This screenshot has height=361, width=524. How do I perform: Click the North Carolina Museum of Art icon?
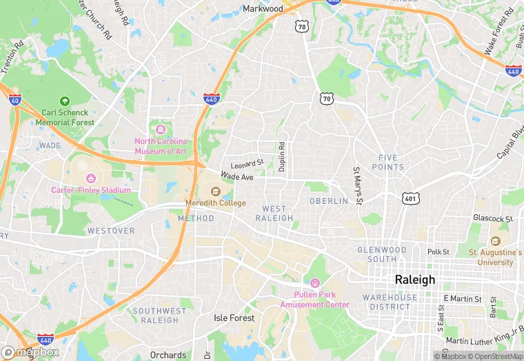click(161, 130)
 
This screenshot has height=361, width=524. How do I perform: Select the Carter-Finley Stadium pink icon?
click(91, 178)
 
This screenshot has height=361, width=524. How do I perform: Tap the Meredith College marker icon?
click(215, 192)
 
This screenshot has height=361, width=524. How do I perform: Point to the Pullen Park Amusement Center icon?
click(314, 283)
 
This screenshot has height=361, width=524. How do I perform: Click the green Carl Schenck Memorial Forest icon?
click(65, 101)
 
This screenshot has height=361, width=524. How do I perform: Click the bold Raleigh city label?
click(414, 280)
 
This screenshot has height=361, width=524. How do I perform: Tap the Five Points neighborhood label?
click(387, 163)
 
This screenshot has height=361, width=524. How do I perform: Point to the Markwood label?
click(263, 9)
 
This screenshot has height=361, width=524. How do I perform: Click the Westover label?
click(111, 231)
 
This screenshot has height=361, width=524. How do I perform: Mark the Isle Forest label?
click(234, 318)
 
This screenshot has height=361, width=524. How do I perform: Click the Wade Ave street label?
click(237, 177)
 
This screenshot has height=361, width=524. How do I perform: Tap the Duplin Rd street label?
click(281, 156)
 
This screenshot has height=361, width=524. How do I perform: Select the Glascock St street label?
click(493, 219)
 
